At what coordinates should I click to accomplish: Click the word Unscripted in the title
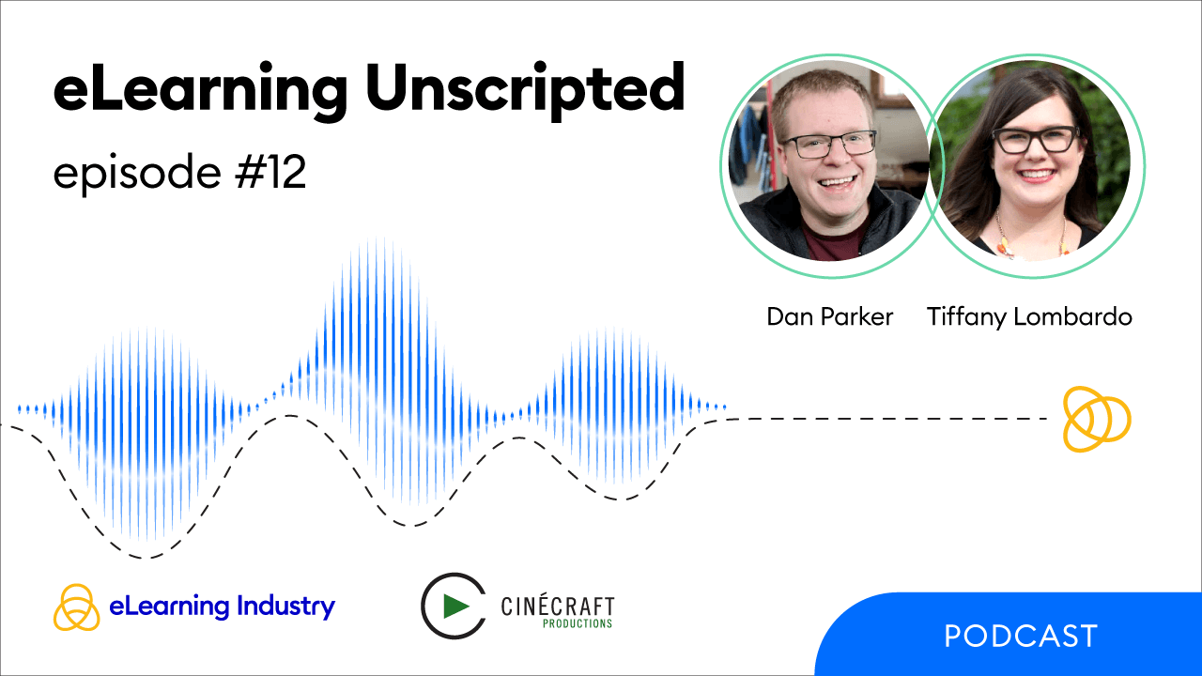coord(526,91)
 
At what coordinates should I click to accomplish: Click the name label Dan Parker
coord(829,317)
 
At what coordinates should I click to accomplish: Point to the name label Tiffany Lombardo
coord(1029,317)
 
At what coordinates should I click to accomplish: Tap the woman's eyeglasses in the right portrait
coord(1036,140)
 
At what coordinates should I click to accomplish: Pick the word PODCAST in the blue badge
coord(1021,637)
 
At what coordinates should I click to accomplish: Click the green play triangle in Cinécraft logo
coord(457,607)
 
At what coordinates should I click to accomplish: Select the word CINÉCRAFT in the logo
coord(557,606)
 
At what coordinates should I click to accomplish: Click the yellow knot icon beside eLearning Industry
coord(77,607)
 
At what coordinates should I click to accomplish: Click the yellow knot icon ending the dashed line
coord(1096,418)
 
